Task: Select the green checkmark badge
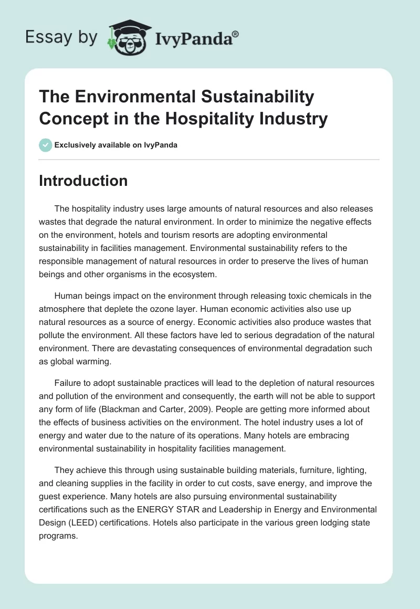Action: click(45, 145)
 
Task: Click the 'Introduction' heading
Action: click(83, 181)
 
